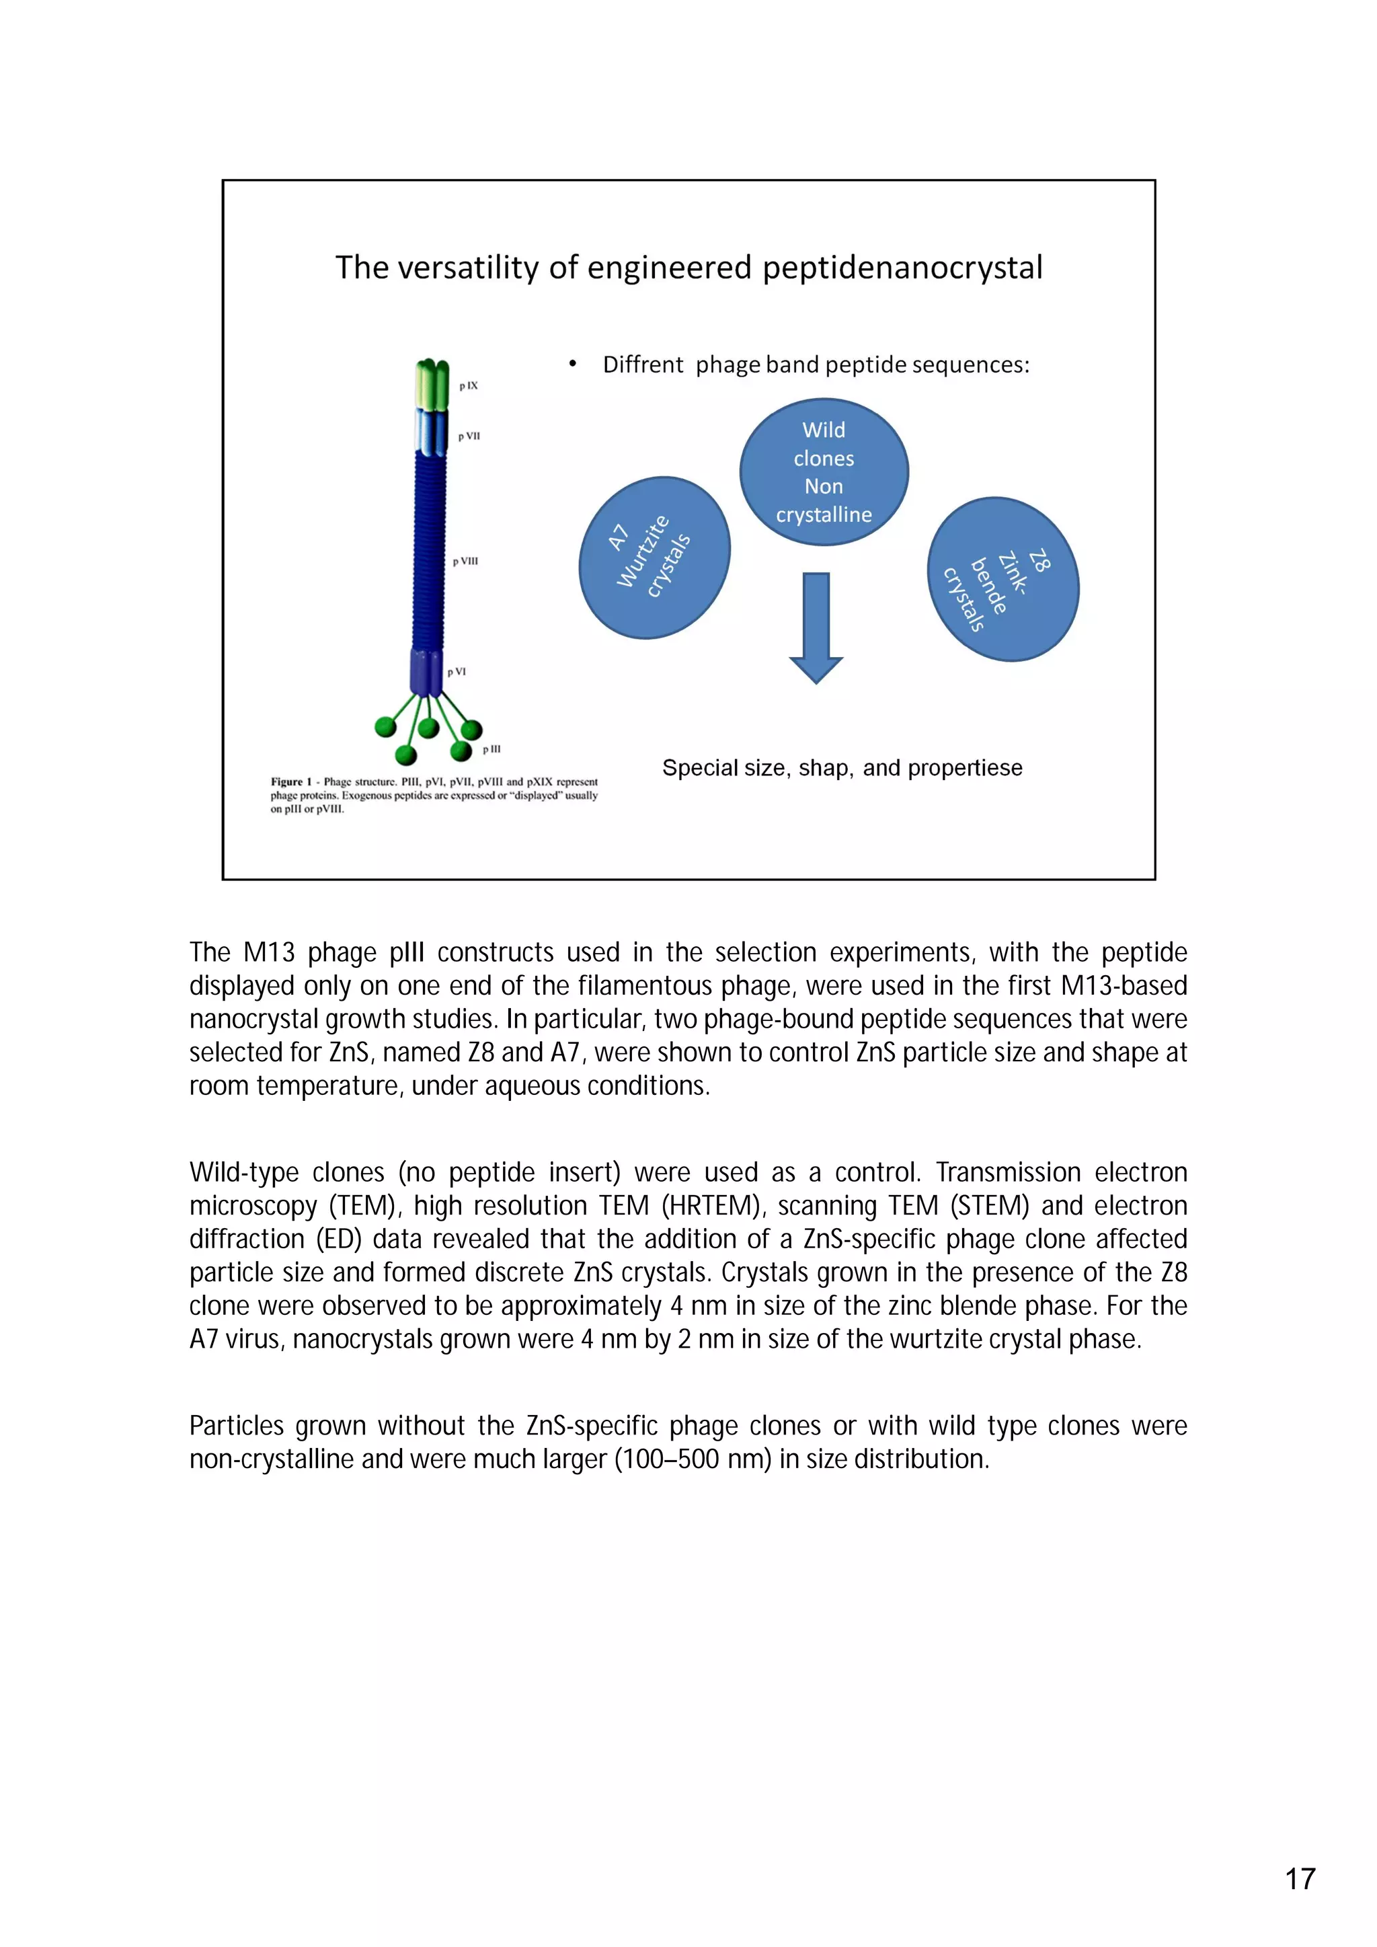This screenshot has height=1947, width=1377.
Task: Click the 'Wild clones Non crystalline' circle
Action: pyautogui.click(x=824, y=471)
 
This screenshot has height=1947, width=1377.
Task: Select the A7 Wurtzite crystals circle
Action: pyautogui.click(x=654, y=557)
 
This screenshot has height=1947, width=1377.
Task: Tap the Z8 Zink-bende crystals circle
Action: pyautogui.click(x=1002, y=579)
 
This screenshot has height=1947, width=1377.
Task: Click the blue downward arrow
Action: pyautogui.click(x=816, y=627)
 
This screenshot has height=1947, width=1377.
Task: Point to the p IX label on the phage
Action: pyautogui.click(x=468, y=386)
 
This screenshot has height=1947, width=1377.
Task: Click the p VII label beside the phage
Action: pyautogui.click(x=469, y=436)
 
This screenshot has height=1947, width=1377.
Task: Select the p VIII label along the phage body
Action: pyautogui.click(x=465, y=562)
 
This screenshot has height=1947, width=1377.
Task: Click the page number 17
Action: pyautogui.click(x=1300, y=1879)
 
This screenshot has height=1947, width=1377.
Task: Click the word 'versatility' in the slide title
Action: pyautogui.click(x=468, y=268)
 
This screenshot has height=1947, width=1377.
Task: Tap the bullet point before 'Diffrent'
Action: pyautogui.click(x=573, y=365)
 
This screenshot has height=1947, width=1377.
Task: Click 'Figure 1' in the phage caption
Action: pyautogui.click(x=291, y=782)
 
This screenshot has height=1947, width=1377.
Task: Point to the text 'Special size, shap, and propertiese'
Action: pyautogui.click(x=842, y=768)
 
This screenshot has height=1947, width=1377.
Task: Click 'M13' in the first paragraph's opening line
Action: pyautogui.click(x=269, y=953)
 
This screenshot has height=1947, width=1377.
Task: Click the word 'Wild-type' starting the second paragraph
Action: pyautogui.click(x=244, y=1173)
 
